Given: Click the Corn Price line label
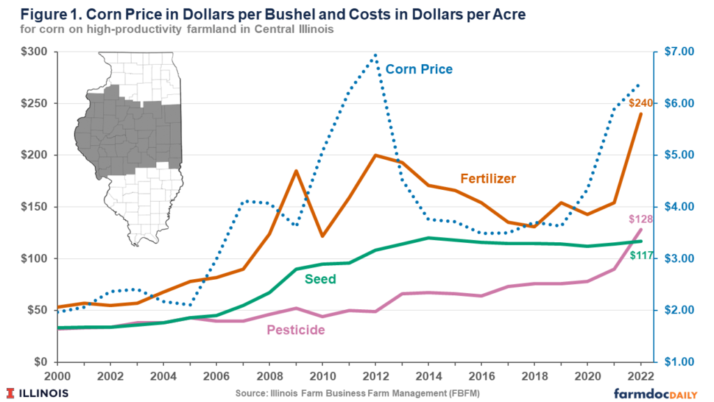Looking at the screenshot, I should click(418, 69).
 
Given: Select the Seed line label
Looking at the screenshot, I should click(320, 279).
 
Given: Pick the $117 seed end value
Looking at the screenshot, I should click(641, 255).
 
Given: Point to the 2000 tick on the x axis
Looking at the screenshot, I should click(56, 375).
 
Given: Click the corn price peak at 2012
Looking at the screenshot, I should click(375, 54).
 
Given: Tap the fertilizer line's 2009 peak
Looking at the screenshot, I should click(296, 170).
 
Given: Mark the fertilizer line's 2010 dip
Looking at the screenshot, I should click(322, 236).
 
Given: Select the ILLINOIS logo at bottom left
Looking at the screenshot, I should click(38, 392).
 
